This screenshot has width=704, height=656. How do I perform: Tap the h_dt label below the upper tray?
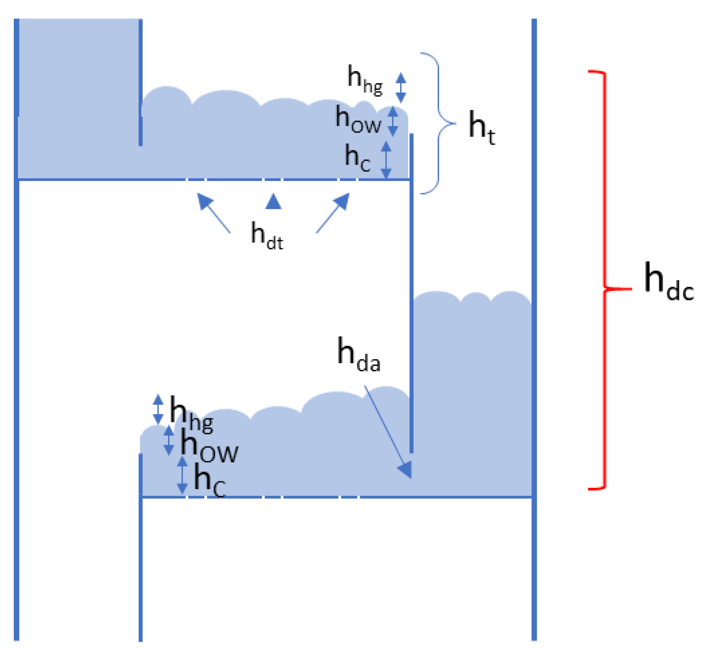coord(267,235)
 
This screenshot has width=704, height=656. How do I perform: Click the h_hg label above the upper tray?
coord(364,80)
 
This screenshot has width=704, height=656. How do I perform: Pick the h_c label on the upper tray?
coord(357,158)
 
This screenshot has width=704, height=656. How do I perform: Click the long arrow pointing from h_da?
coord(388,432)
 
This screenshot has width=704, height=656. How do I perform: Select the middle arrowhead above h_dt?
coord(273,202)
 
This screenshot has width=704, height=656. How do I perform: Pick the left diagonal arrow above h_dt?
coord(213,213)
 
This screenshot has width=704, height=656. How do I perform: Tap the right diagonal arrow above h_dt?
coord(333,213)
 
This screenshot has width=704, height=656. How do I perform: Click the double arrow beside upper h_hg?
coord(401,88)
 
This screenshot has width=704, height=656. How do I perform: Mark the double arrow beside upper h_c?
coord(386,159)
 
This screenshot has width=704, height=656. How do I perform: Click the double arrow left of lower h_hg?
coord(158,409)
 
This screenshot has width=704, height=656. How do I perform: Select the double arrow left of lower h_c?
coord(182,476)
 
